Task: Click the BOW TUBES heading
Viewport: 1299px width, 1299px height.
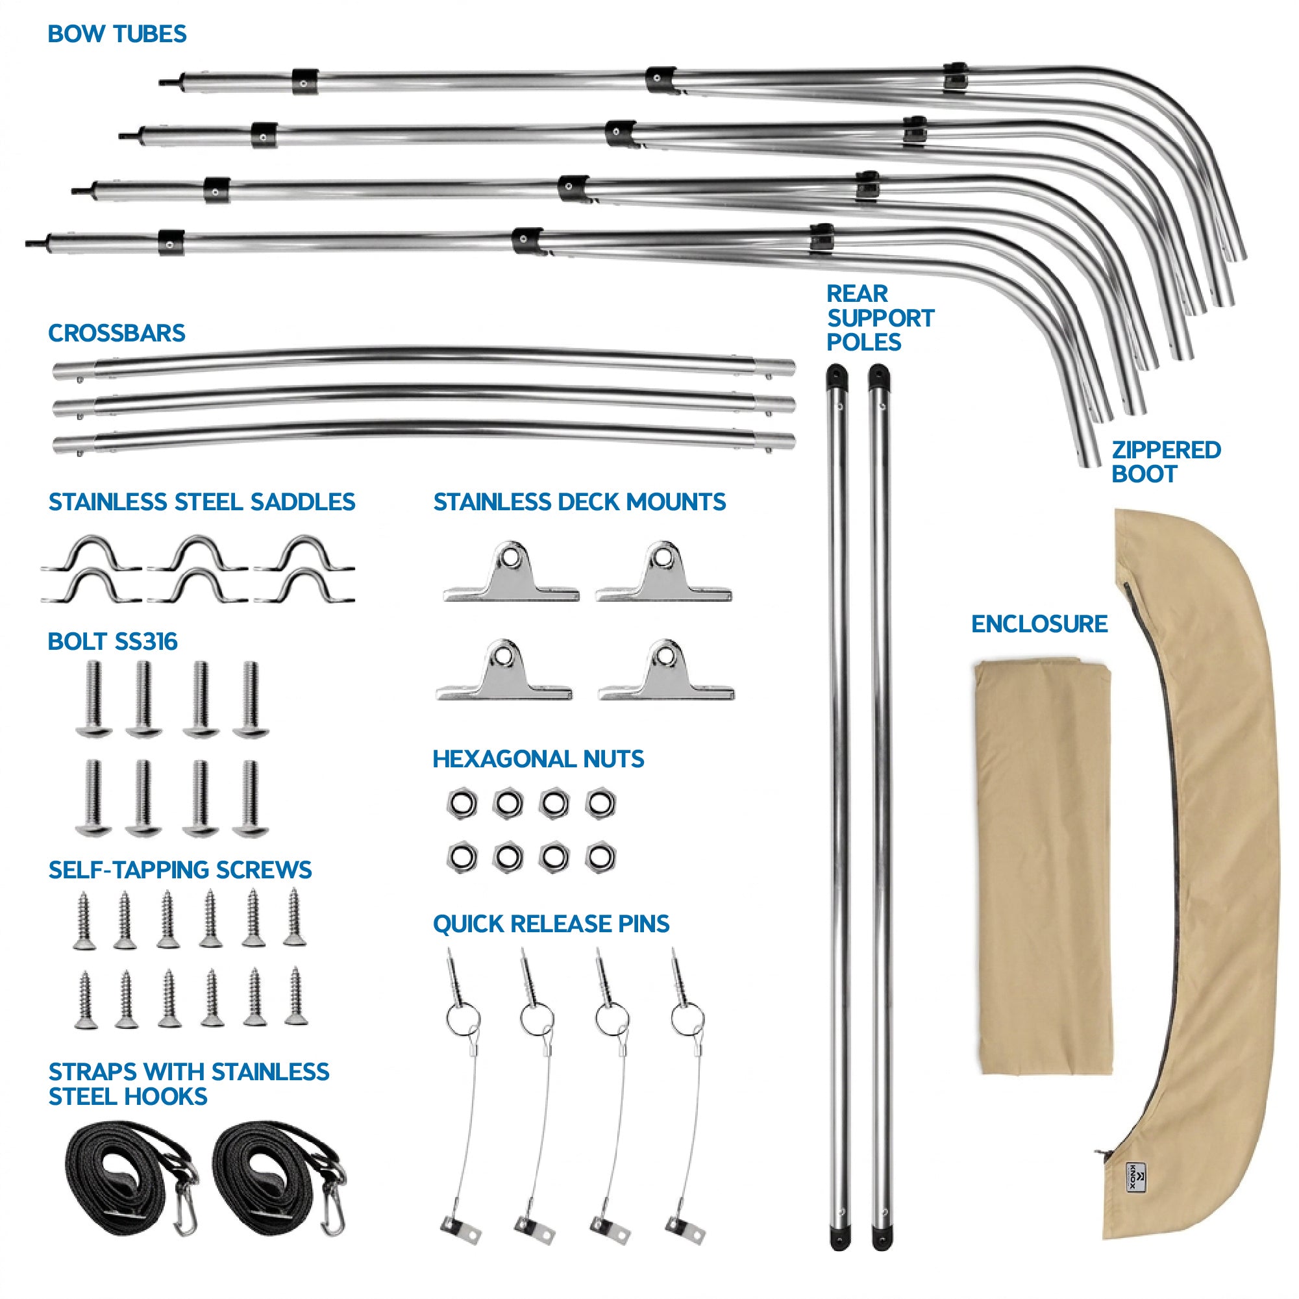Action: (x=117, y=34)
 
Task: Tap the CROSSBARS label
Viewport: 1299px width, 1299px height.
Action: (x=116, y=333)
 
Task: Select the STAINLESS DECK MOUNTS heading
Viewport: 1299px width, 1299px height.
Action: (x=580, y=502)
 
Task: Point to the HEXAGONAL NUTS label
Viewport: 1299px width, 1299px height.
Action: (x=538, y=758)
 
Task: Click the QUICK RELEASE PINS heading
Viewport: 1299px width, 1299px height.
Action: (x=551, y=923)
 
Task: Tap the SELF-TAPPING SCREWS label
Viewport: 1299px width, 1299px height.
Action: (x=180, y=869)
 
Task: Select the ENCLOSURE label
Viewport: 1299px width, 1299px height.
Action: (x=1039, y=623)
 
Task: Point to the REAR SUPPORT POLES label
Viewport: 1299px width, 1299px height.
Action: (x=880, y=317)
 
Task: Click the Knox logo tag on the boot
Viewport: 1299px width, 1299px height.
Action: (x=1135, y=1196)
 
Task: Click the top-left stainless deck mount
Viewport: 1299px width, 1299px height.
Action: (x=511, y=571)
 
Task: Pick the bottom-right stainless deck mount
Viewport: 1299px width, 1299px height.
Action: (x=665, y=670)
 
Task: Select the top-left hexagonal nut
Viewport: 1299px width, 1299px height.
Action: (x=462, y=803)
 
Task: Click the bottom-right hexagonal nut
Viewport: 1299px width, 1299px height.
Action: (x=600, y=858)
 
